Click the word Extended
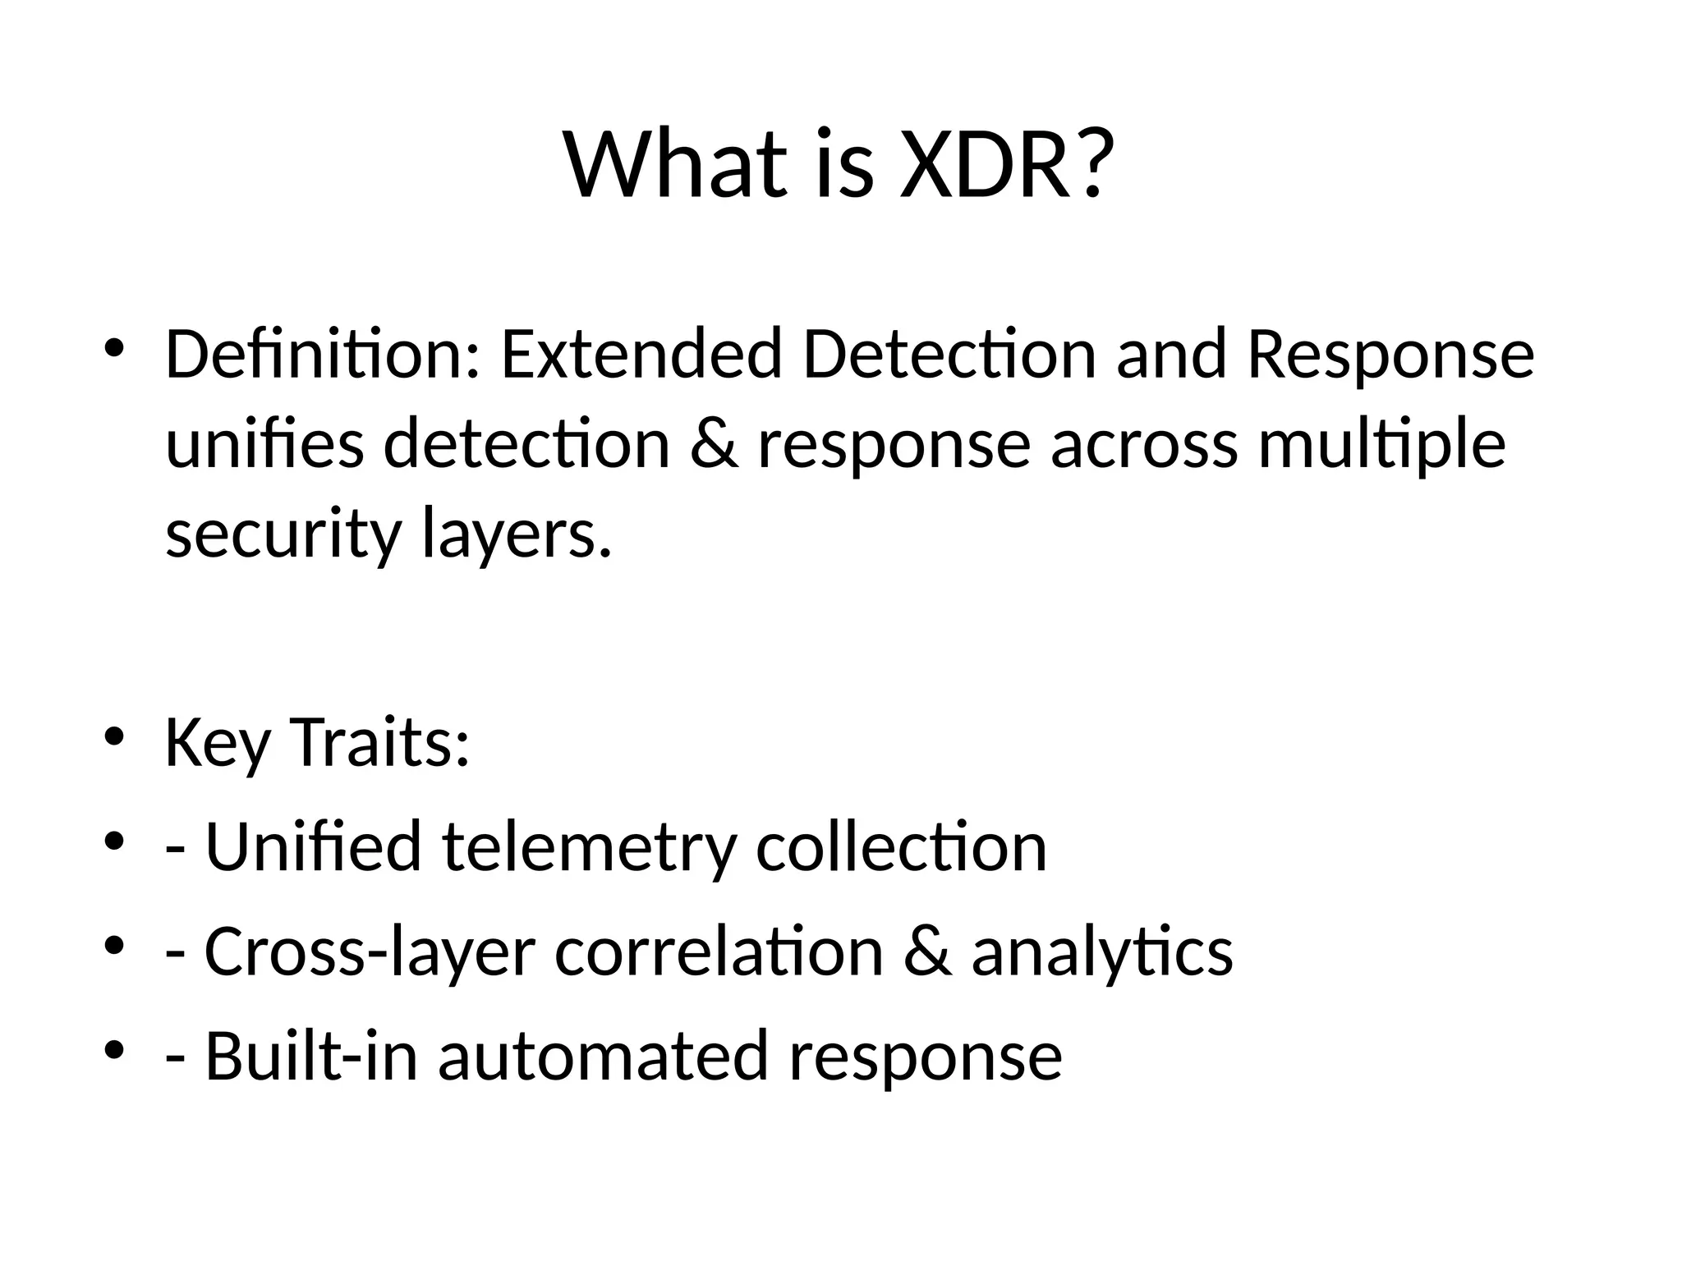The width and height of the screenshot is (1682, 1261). (641, 355)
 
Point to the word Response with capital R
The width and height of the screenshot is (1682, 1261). (1390, 355)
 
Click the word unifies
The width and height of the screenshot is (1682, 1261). (264, 444)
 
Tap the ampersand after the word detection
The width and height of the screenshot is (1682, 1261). (714, 444)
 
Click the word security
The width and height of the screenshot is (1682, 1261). (283, 535)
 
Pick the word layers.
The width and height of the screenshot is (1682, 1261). (517, 535)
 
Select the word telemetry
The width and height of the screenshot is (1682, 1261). (589, 847)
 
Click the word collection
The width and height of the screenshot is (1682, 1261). (901, 847)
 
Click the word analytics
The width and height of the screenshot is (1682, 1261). (1102, 952)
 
